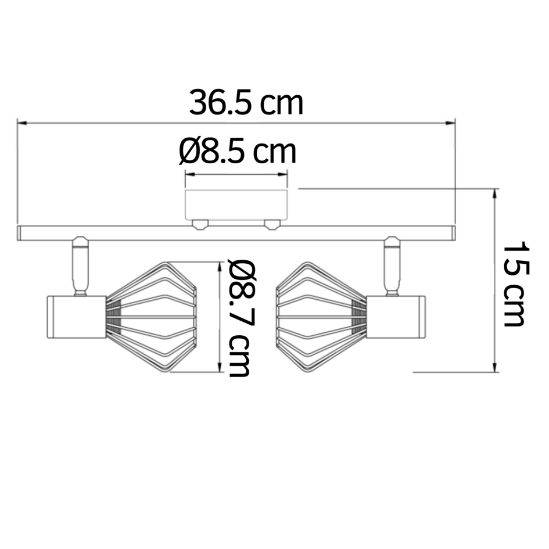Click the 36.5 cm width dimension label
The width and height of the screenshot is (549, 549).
coord(246,103)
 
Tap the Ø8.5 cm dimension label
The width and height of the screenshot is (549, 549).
coord(238,152)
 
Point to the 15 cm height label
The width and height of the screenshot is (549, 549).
coord(514,284)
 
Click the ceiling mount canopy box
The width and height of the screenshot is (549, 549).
coord(236,204)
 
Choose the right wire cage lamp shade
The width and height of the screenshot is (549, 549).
coord(321,317)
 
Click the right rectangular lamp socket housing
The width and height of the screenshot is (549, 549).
coord(396,317)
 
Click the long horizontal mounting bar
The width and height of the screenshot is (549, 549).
coord(236,233)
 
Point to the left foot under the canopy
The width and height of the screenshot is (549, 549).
coord(200,224)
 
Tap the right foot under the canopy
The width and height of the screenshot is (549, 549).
coord(272,224)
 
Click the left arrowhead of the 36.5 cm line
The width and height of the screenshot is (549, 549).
coord(21,123)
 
